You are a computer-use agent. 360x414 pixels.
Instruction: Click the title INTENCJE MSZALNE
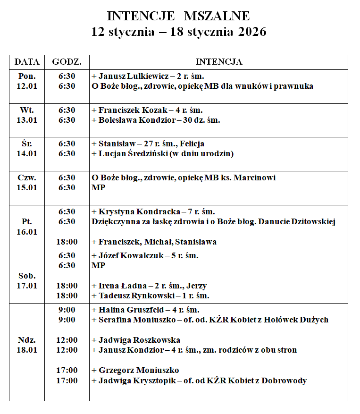[x=178, y=16]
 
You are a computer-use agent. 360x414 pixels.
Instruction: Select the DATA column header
[x=27, y=62]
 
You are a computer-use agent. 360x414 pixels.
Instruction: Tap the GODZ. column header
[x=67, y=62]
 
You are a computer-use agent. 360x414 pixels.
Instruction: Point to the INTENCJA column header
[x=218, y=62]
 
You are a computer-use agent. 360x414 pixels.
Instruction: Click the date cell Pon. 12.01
[x=27, y=81]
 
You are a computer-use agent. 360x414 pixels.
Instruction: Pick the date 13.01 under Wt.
[x=27, y=120]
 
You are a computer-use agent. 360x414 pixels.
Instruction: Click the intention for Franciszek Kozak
[x=150, y=110]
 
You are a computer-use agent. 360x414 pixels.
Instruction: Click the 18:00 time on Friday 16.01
[x=67, y=242]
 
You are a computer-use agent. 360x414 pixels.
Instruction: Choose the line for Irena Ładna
[x=152, y=286]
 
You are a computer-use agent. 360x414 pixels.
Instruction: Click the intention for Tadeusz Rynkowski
[x=153, y=296]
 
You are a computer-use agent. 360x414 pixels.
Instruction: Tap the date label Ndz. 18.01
[x=27, y=345]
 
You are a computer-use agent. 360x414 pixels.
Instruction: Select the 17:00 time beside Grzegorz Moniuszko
[x=67, y=370]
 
